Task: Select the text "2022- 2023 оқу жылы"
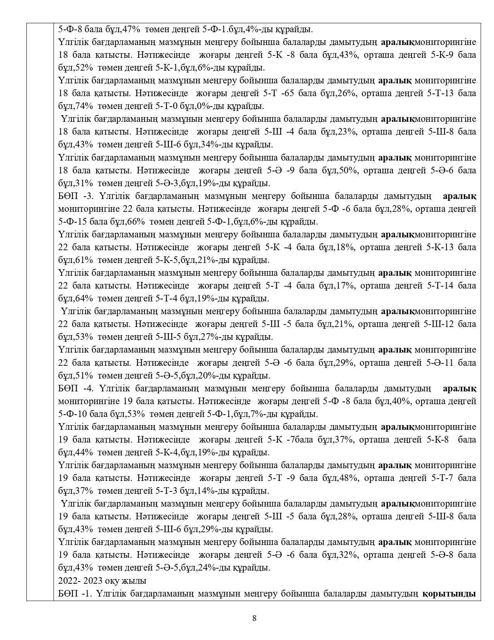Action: coord(102,581)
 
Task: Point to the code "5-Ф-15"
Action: coord(73,222)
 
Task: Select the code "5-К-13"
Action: coord(440,247)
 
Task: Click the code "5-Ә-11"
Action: coord(440,363)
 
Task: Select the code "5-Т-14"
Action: coord(440,286)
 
